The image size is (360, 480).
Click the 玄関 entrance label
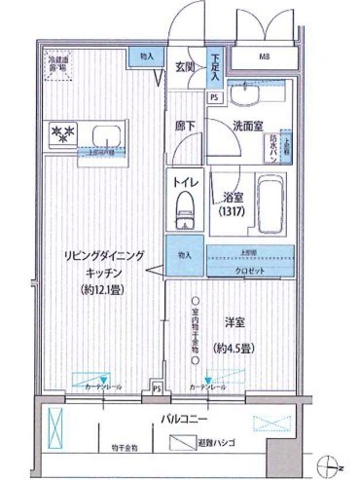click(x=185, y=66)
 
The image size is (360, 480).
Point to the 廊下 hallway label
click(x=186, y=126)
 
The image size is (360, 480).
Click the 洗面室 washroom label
click(x=250, y=127)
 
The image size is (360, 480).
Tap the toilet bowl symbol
click(x=183, y=207)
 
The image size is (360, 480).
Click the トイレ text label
click(x=185, y=182)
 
